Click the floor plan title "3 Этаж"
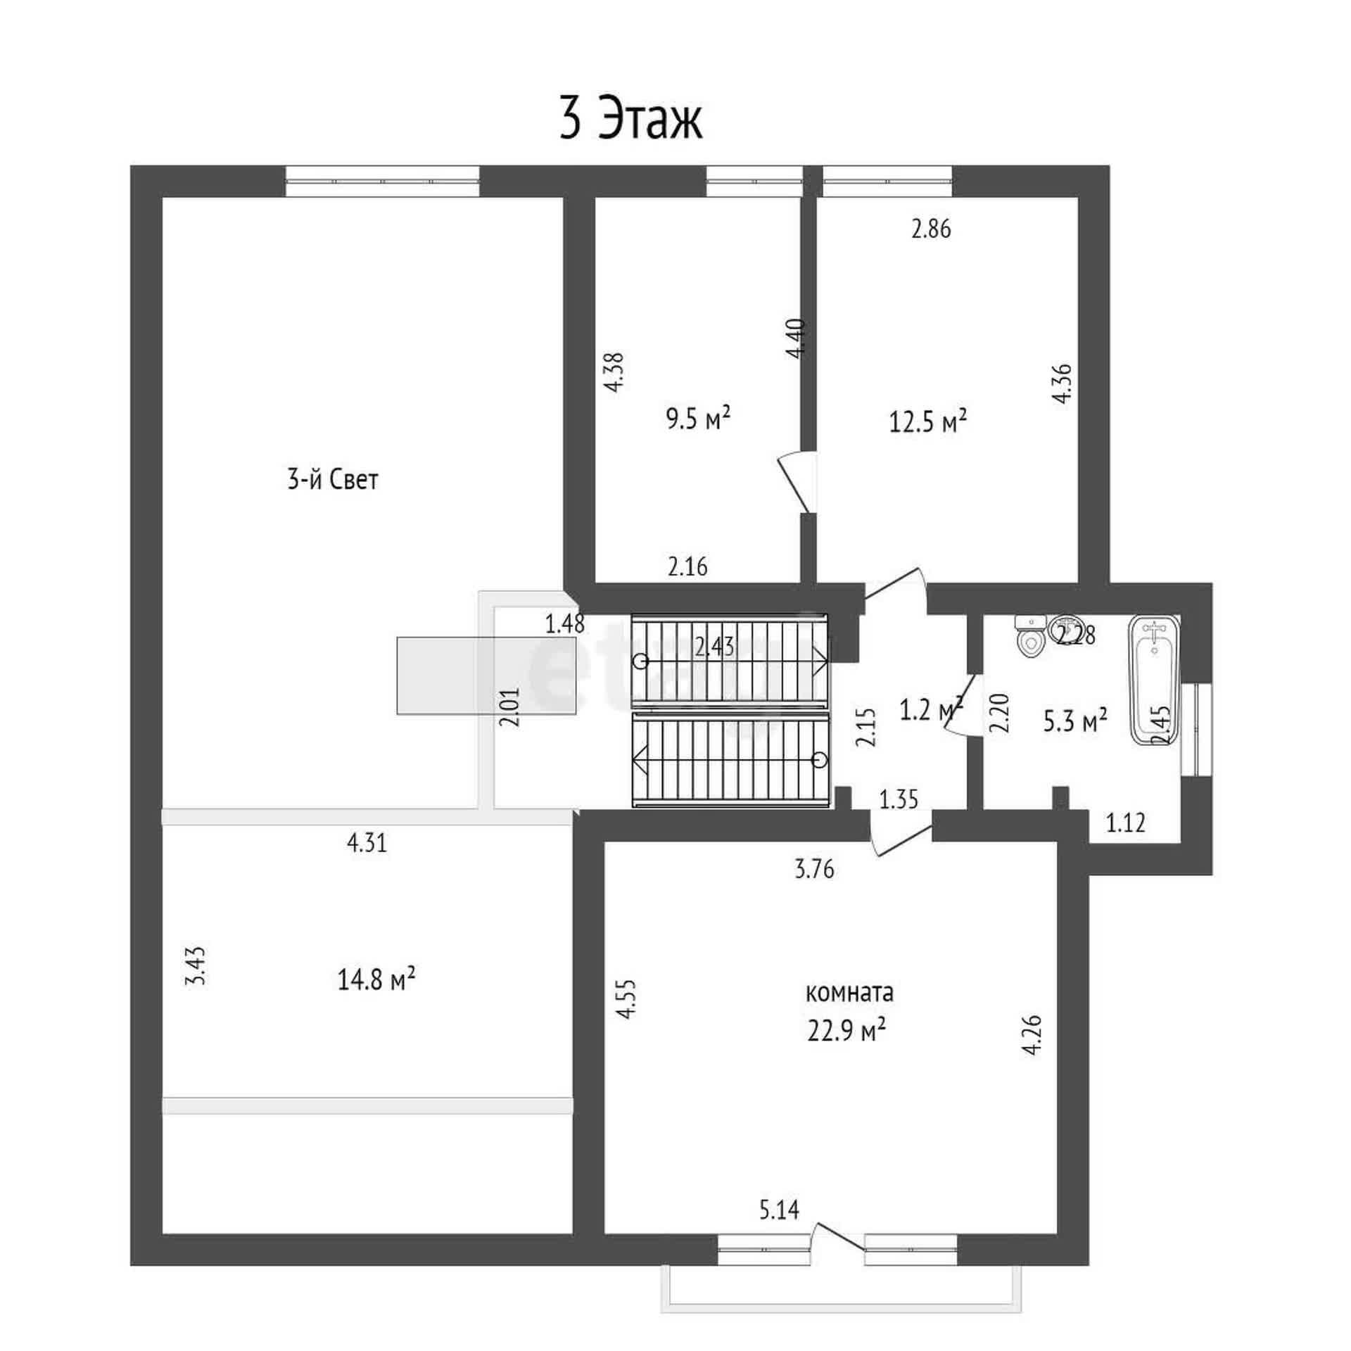(x=630, y=120)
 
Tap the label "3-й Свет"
(x=333, y=480)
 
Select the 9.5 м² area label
(x=698, y=419)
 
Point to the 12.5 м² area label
(x=928, y=422)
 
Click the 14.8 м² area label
(x=376, y=979)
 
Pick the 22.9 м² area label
(x=846, y=1031)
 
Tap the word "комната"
(x=849, y=993)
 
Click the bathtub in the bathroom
(x=1154, y=679)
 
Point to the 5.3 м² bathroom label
(x=1075, y=721)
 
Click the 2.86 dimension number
(x=931, y=229)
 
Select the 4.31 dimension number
(x=367, y=842)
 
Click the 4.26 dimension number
(x=1032, y=1034)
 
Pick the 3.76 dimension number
(x=814, y=870)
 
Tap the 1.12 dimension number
(x=1126, y=822)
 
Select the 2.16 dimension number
(x=687, y=566)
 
